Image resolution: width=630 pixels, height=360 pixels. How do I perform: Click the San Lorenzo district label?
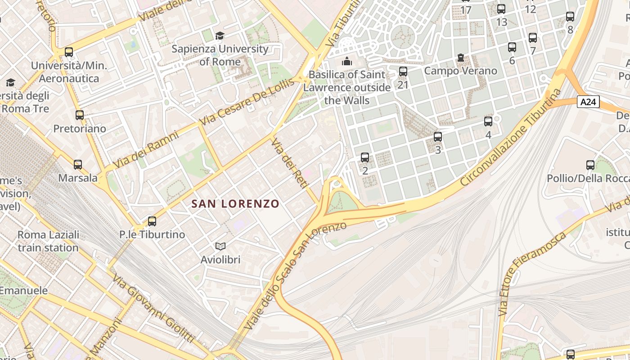[235, 204]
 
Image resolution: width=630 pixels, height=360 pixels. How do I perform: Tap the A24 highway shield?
[588, 102]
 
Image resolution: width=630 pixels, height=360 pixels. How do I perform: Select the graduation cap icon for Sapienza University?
[220, 36]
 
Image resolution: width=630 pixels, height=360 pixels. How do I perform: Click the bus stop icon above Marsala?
[78, 165]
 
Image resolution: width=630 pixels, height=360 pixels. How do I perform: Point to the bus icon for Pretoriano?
[80, 115]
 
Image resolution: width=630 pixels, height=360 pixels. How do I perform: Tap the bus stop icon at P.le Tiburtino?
[152, 221]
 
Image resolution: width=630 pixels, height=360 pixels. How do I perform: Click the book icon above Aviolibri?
[220, 246]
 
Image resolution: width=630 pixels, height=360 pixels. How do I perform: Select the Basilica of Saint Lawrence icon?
[347, 61]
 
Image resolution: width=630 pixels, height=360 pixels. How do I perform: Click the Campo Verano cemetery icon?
[460, 58]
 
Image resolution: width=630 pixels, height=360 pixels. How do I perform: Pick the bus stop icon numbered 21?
[403, 72]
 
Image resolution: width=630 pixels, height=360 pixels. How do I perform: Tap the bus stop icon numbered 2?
[365, 157]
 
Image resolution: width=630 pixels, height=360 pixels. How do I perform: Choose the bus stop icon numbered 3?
[438, 137]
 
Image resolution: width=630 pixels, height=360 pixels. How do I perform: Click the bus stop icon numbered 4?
[488, 121]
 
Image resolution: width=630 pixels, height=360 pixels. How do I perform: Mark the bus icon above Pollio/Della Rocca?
[590, 165]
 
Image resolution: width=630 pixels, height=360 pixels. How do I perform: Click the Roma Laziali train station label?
[48, 241]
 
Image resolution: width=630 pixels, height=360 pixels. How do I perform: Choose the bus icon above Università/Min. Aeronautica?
[69, 52]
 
